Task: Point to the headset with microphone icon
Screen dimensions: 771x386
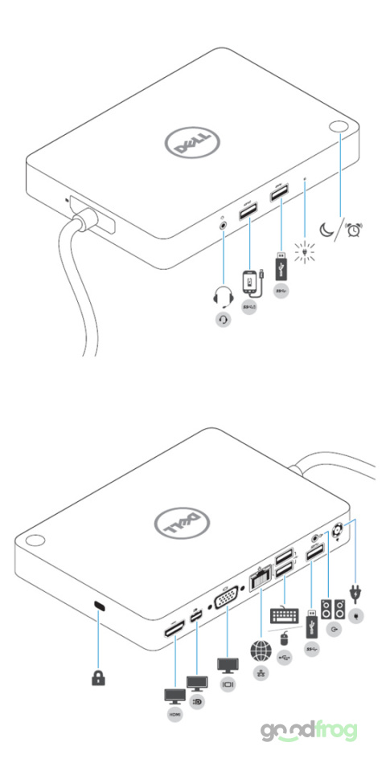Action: (x=222, y=298)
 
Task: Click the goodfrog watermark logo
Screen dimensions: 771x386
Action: (x=308, y=731)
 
